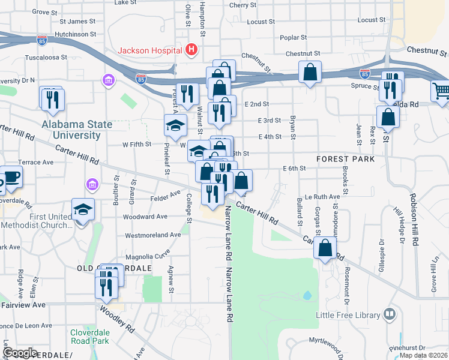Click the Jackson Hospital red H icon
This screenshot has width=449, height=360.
(x=191, y=49)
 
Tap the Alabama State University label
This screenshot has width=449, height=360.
(x=77, y=130)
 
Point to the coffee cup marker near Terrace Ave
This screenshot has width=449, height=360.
(x=11, y=177)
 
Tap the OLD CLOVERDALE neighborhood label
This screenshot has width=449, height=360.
(x=114, y=268)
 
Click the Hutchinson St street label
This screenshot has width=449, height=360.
(x=76, y=34)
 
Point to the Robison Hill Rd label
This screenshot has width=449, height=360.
(x=414, y=220)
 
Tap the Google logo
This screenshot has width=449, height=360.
(x=21, y=352)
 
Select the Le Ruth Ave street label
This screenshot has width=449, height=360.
(x=322, y=196)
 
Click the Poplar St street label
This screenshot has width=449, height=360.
(x=293, y=37)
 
